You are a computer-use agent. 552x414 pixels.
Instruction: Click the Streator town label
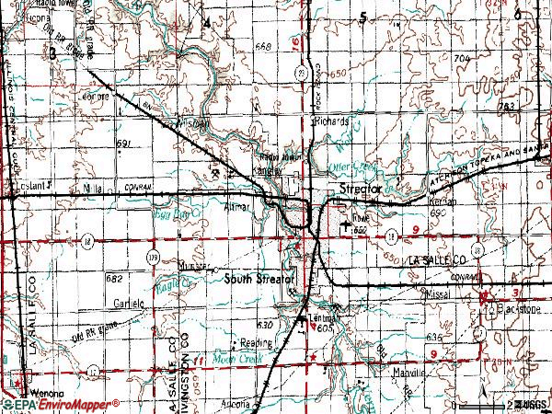[360, 189]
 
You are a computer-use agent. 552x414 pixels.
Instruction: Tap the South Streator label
[259, 278]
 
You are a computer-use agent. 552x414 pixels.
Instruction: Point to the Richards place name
[330, 121]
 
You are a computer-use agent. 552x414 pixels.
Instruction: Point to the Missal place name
[437, 295]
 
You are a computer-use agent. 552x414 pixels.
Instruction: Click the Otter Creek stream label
[348, 167]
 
